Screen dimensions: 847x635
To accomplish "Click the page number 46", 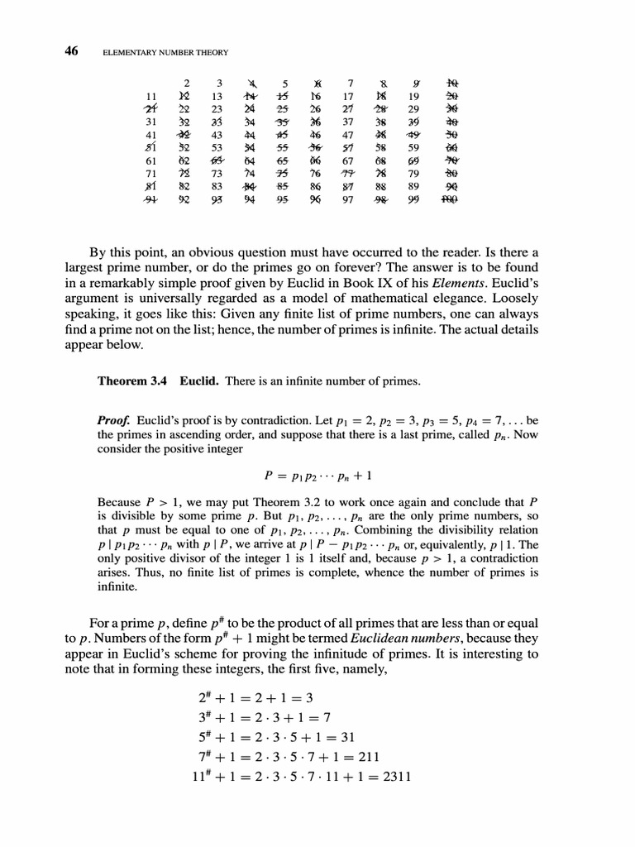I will coord(71,51).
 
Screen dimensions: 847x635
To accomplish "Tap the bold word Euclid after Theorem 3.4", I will coord(201,381).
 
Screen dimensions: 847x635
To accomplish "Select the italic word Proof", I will coord(115,419).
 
